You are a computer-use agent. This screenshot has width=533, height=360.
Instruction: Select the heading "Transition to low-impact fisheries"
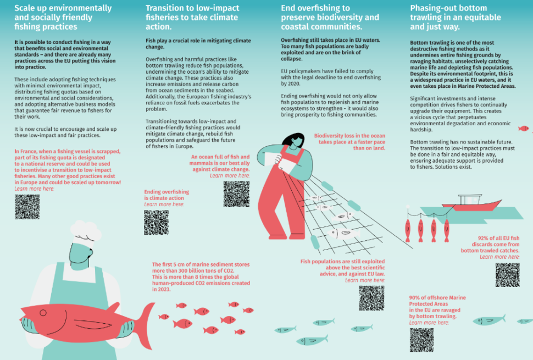[192, 17]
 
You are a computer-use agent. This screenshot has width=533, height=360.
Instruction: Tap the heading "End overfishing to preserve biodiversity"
[330, 17]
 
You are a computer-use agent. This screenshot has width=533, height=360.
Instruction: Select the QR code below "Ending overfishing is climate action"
[156, 222]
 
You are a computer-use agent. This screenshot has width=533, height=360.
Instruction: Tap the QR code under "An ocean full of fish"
[236, 193]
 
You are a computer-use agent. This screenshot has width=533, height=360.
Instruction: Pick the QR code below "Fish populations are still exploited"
[371, 298]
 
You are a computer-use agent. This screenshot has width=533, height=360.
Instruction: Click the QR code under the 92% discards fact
[507, 275]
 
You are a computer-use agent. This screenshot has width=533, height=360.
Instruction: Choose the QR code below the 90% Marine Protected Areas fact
[421, 340]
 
